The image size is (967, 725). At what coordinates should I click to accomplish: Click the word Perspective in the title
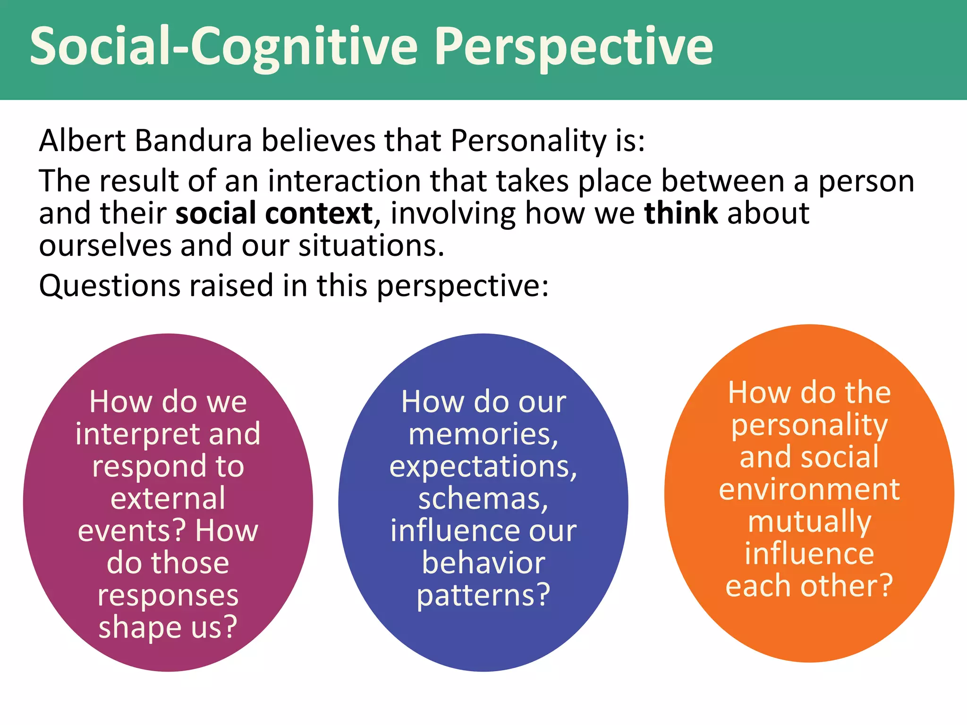click(x=573, y=47)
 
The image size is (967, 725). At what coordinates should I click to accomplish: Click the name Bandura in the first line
click(x=193, y=141)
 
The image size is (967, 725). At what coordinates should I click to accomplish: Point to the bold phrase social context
click(x=274, y=213)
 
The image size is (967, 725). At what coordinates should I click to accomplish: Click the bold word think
click(x=681, y=213)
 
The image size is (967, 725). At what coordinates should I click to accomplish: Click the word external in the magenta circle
click(x=168, y=498)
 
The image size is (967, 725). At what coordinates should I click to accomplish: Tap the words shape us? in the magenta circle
click(x=168, y=627)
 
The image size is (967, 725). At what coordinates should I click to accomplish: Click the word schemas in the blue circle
click(x=483, y=498)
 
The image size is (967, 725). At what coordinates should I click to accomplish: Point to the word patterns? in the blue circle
click(x=483, y=595)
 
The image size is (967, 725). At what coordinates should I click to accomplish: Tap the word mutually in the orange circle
click(x=809, y=522)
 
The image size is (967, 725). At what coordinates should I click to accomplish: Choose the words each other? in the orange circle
click(x=809, y=586)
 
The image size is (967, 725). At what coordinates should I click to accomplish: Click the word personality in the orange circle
click(x=809, y=425)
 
